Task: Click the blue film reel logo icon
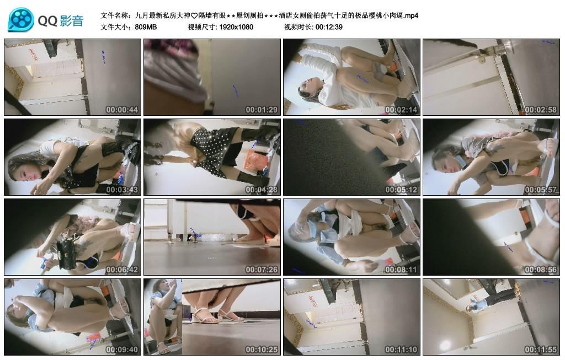[x=21, y=20]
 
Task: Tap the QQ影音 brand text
[x=61, y=21]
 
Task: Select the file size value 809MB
[x=146, y=27]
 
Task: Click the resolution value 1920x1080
[x=236, y=27]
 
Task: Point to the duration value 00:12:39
[x=329, y=27]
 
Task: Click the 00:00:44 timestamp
[x=122, y=110]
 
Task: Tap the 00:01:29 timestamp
[x=262, y=110]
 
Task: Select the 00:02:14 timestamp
[x=401, y=110]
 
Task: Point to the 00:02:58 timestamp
[x=541, y=110]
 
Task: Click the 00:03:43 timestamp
[x=122, y=190]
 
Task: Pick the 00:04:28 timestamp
[x=262, y=190]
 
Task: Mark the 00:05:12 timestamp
[x=401, y=190]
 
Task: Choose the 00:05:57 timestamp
[x=541, y=190]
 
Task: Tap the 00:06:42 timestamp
[x=122, y=270]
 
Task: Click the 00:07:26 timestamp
[x=262, y=270]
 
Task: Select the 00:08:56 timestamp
[x=541, y=270]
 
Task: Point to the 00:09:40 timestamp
[x=122, y=350]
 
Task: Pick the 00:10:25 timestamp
[x=262, y=350]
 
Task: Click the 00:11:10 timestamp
[x=401, y=350]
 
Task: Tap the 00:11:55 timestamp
[x=541, y=350]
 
